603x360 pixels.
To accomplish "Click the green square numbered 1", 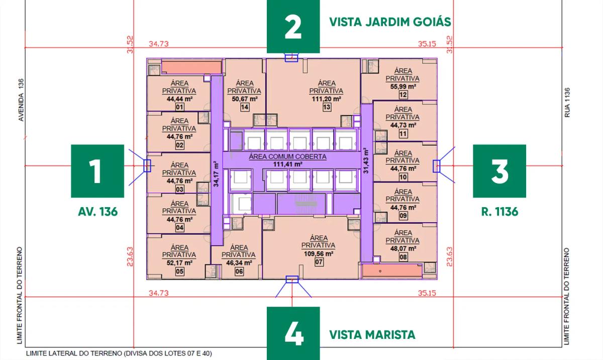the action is click(x=97, y=171).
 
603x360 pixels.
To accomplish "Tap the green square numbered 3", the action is click(x=499, y=171).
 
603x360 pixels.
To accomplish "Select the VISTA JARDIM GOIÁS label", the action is click(x=390, y=22).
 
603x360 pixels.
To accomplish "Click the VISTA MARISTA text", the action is click(x=372, y=335).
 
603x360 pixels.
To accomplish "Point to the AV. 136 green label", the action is click(x=97, y=212).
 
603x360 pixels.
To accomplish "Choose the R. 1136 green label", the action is click(x=499, y=212).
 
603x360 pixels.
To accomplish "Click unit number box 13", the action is click(x=327, y=107).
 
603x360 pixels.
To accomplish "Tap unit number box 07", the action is click(x=319, y=262).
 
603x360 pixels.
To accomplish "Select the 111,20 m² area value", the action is click(x=326, y=99).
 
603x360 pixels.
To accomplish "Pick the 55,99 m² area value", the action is click(x=403, y=86).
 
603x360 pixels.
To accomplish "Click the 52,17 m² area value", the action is click(x=179, y=262).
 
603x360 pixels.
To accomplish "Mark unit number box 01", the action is click(x=179, y=107).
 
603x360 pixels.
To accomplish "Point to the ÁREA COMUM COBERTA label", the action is click(x=287, y=156).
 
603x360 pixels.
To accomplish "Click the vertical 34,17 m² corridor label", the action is click(x=216, y=173).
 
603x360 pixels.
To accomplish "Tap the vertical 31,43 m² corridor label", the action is click(x=366, y=160).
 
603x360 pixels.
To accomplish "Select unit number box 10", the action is click(x=403, y=177).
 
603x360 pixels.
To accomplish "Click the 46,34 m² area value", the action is click(x=239, y=262).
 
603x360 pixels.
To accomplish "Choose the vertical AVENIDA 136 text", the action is click(x=21, y=100).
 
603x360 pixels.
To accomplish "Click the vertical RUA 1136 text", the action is click(x=567, y=103).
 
